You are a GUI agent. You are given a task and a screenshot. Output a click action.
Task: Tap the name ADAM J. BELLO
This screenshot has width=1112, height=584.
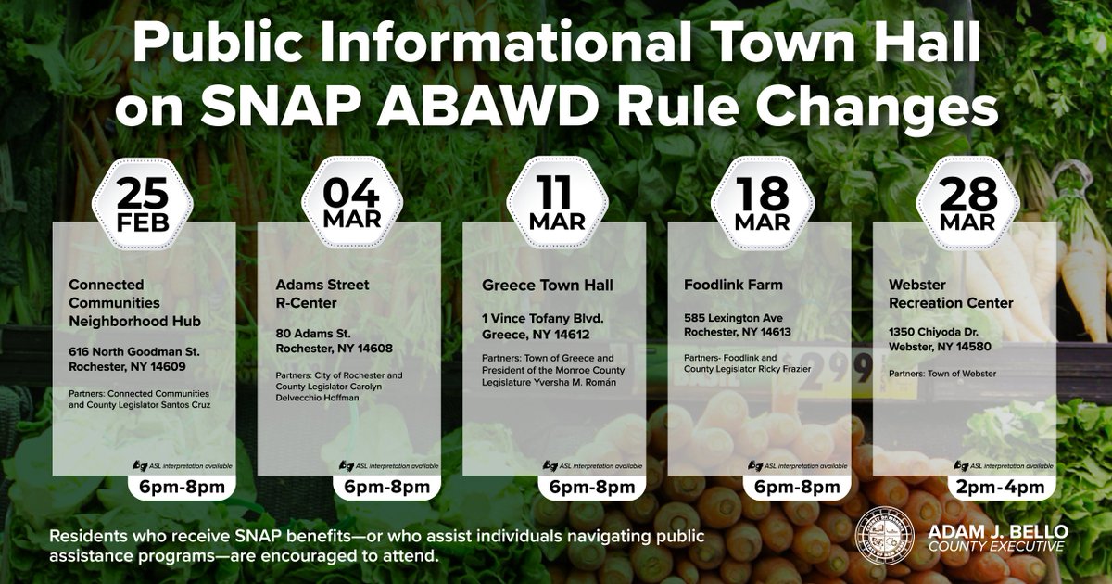click(996, 529)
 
